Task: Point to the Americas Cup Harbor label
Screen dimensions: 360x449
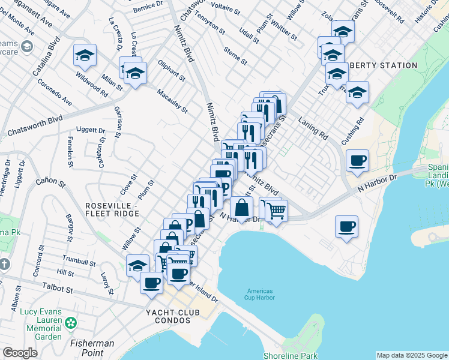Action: pos(261,294)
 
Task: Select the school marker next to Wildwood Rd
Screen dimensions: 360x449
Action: pos(85,56)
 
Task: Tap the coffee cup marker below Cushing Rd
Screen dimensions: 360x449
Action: pos(357,160)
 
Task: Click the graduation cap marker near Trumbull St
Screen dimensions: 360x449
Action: pos(137,265)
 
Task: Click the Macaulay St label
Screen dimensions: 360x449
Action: pos(172,101)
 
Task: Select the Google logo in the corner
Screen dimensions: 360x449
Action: pos(20,353)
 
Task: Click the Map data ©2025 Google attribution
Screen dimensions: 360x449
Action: pos(411,355)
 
